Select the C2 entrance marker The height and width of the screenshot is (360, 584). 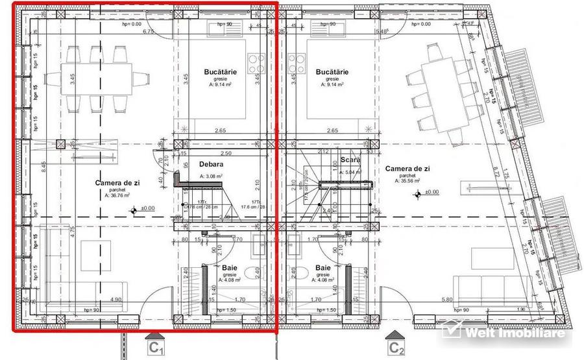click(x=396, y=347)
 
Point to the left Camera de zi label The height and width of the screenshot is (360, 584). click(x=117, y=184)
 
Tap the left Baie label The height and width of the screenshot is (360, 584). click(x=230, y=267)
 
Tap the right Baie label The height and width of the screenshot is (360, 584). click(x=323, y=267)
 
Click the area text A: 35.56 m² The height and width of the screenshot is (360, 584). click(x=407, y=181)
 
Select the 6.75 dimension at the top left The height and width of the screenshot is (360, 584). click(x=147, y=30)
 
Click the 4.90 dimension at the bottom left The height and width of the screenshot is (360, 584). click(x=116, y=299)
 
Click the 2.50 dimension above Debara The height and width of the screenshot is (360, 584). click(x=225, y=153)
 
